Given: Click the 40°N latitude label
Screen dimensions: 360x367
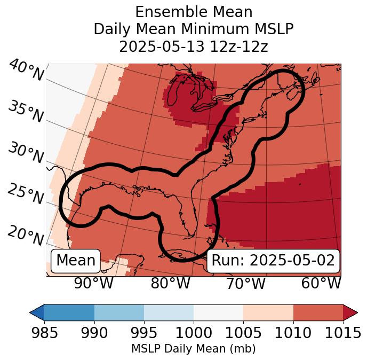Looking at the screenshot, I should point(26,71).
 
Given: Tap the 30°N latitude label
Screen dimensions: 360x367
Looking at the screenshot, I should point(25,153).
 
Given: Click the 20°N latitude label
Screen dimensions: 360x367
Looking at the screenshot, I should point(25,235).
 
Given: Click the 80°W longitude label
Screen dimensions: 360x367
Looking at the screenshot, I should point(170,283).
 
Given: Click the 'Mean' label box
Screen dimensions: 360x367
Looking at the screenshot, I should point(76,261).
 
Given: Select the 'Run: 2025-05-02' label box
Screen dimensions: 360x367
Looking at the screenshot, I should point(273,261).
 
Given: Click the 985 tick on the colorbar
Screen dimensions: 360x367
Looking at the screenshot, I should point(44,333).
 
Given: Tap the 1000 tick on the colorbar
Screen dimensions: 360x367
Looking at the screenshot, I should point(194,333).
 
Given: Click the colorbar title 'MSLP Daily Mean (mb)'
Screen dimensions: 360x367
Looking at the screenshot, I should point(193,349).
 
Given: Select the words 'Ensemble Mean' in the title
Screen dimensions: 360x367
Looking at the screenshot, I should point(194,12).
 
